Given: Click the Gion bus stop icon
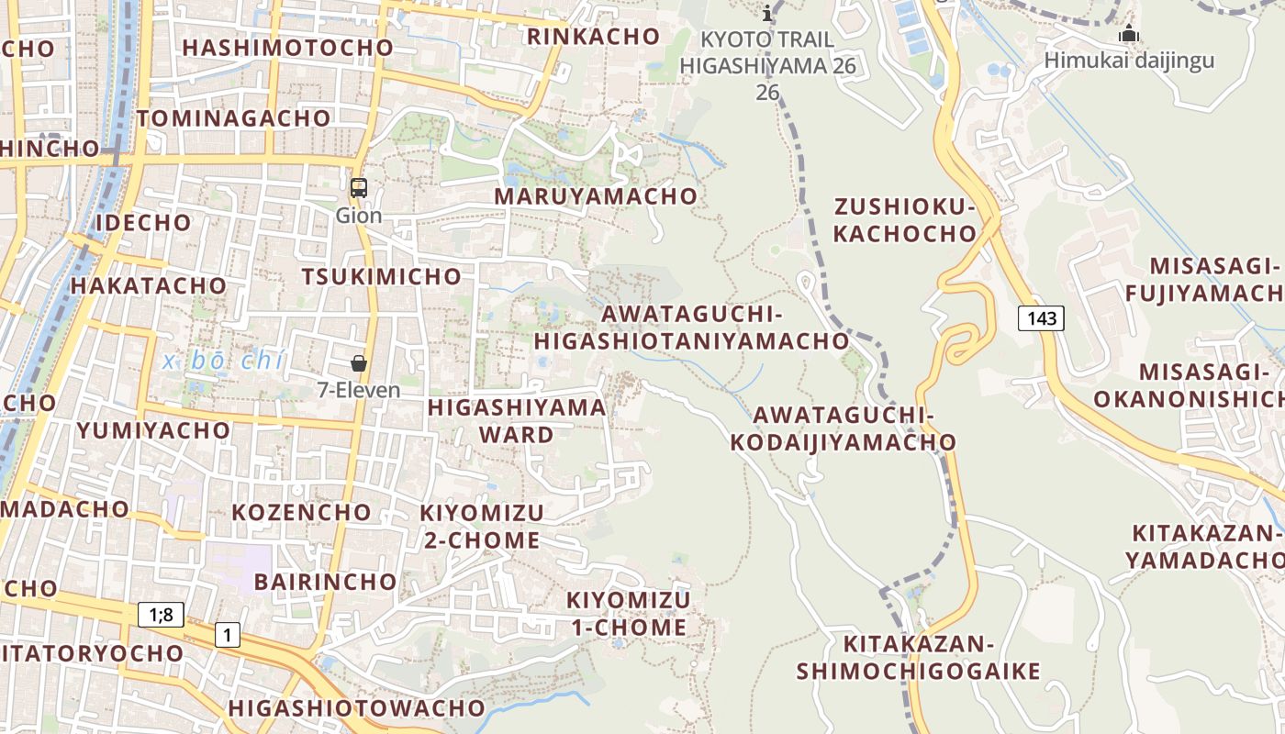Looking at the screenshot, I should pyautogui.click(x=358, y=188).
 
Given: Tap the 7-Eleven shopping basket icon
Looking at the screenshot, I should pyautogui.click(x=359, y=363).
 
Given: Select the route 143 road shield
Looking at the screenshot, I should pyautogui.click(x=1042, y=318).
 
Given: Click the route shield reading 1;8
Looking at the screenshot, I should pyautogui.click(x=161, y=614).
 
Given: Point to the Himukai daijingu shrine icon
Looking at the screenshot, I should pyautogui.click(x=1128, y=35).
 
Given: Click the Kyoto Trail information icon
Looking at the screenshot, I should pyautogui.click(x=768, y=13).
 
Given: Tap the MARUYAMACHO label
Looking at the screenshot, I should pyautogui.click(x=596, y=196).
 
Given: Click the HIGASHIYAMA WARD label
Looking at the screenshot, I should pyautogui.click(x=517, y=420).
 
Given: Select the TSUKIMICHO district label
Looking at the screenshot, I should pyautogui.click(x=382, y=276).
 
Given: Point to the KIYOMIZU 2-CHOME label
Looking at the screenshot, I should pyautogui.click(x=482, y=526).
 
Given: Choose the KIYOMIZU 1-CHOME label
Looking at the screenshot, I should pyautogui.click(x=629, y=614).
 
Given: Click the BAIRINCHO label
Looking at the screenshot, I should pyautogui.click(x=325, y=582).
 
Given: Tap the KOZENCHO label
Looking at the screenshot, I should pyautogui.click(x=301, y=512).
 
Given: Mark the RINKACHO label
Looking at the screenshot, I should pyautogui.click(x=593, y=37).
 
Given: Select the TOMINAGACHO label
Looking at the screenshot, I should pyautogui.click(x=233, y=118).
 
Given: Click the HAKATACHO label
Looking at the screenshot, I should pyautogui.click(x=149, y=285).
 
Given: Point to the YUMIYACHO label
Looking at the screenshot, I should pyautogui.click(x=153, y=430).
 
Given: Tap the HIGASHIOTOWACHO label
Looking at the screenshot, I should pyautogui.click(x=356, y=708).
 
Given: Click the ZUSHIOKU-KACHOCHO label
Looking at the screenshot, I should pyautogui.click(x=905, y=219).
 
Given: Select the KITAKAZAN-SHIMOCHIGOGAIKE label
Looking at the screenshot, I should pyautogui.click(x=918, y=657).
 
